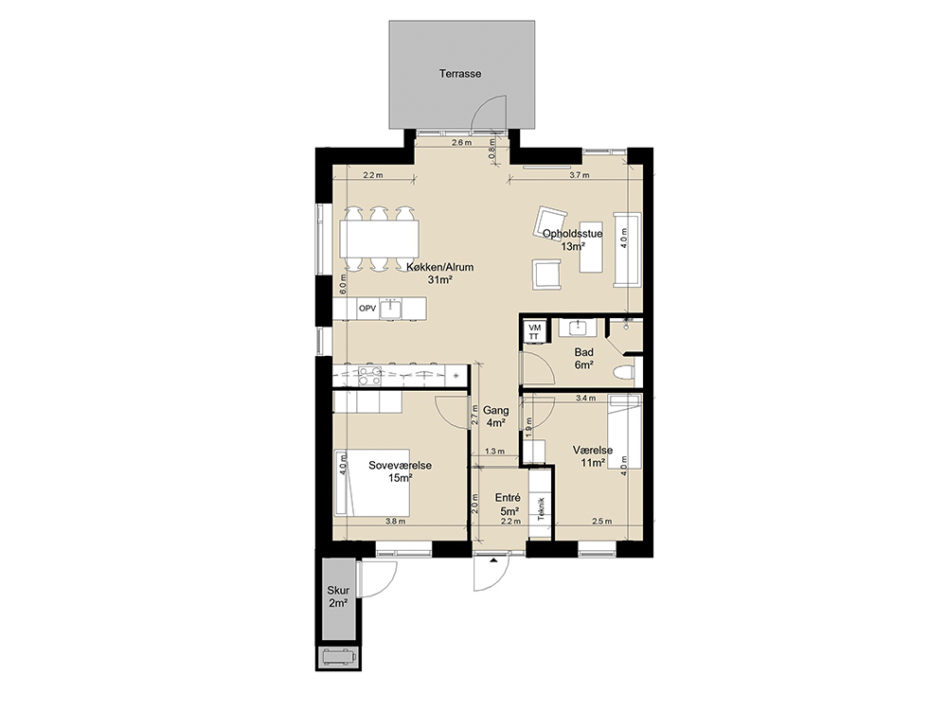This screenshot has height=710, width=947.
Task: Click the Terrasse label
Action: coord(460,74)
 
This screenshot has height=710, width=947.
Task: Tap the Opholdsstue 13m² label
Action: coord(573,240)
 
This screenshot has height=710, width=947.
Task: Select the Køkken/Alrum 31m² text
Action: coord(440,274)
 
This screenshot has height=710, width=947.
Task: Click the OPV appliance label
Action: coord(367,309)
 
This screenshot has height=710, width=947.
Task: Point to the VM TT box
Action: coord(534,330)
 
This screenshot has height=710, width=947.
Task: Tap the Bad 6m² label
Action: coord(584,359)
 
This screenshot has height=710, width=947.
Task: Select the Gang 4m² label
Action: coord(496,417)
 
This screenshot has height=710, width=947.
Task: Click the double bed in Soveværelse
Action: coord(372,483)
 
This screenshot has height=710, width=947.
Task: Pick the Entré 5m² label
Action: coord(508,505)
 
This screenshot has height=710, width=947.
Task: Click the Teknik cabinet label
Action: coord(541,508)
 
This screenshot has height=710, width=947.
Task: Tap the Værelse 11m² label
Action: coord(593,456)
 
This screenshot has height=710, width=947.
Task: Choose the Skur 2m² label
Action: coord(338,596)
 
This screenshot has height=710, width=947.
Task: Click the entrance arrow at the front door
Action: coord(494,561)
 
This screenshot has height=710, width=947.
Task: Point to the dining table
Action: coord(380,239)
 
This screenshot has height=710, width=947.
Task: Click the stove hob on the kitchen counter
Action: coord(369,376)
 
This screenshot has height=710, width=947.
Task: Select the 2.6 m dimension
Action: coord(461,143)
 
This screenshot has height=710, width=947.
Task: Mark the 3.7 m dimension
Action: coord(580,176)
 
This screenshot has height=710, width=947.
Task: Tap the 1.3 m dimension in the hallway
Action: coord(494,451)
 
